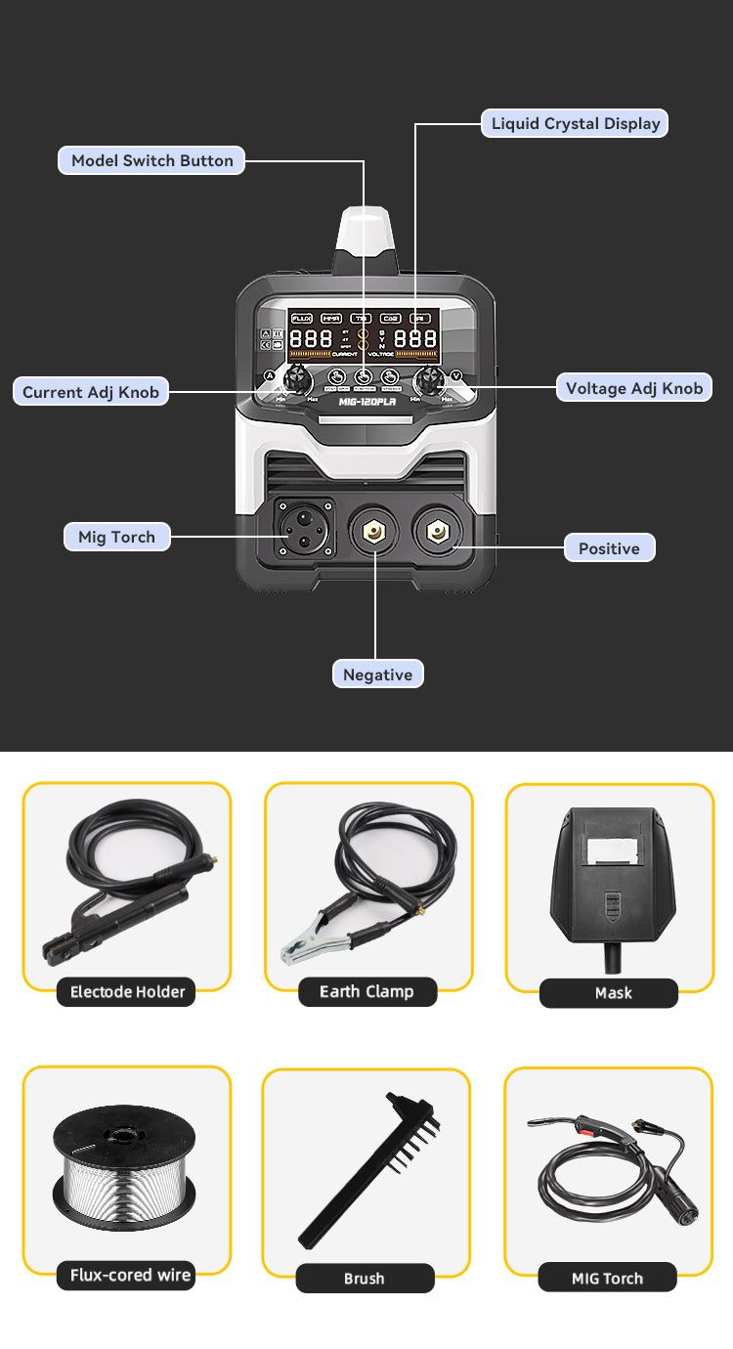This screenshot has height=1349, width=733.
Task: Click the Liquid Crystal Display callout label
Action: click(x=576, y=123)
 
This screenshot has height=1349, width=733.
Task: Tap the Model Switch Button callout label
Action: click(x=151, y=160)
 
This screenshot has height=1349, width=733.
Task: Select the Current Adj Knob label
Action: click(x=91, y=392)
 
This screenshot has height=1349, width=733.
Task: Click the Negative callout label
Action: click(x=377, y=674)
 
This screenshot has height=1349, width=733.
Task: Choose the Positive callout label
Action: click(x=609, y=548)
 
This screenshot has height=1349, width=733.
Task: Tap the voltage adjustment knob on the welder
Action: click(x=429, y=379)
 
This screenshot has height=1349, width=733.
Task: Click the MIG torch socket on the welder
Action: click(x=304, y=529)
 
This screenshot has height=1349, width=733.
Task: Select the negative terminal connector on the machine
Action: click(x=375, y=531)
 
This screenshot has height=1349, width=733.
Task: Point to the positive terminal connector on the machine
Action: click(x=437, y=531)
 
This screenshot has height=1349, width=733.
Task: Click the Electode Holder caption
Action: click(x=127, y=992)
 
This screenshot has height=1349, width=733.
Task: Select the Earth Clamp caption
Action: click(x=366, y=992)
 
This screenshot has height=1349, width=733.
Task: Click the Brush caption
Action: click(x=364, y=1279)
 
